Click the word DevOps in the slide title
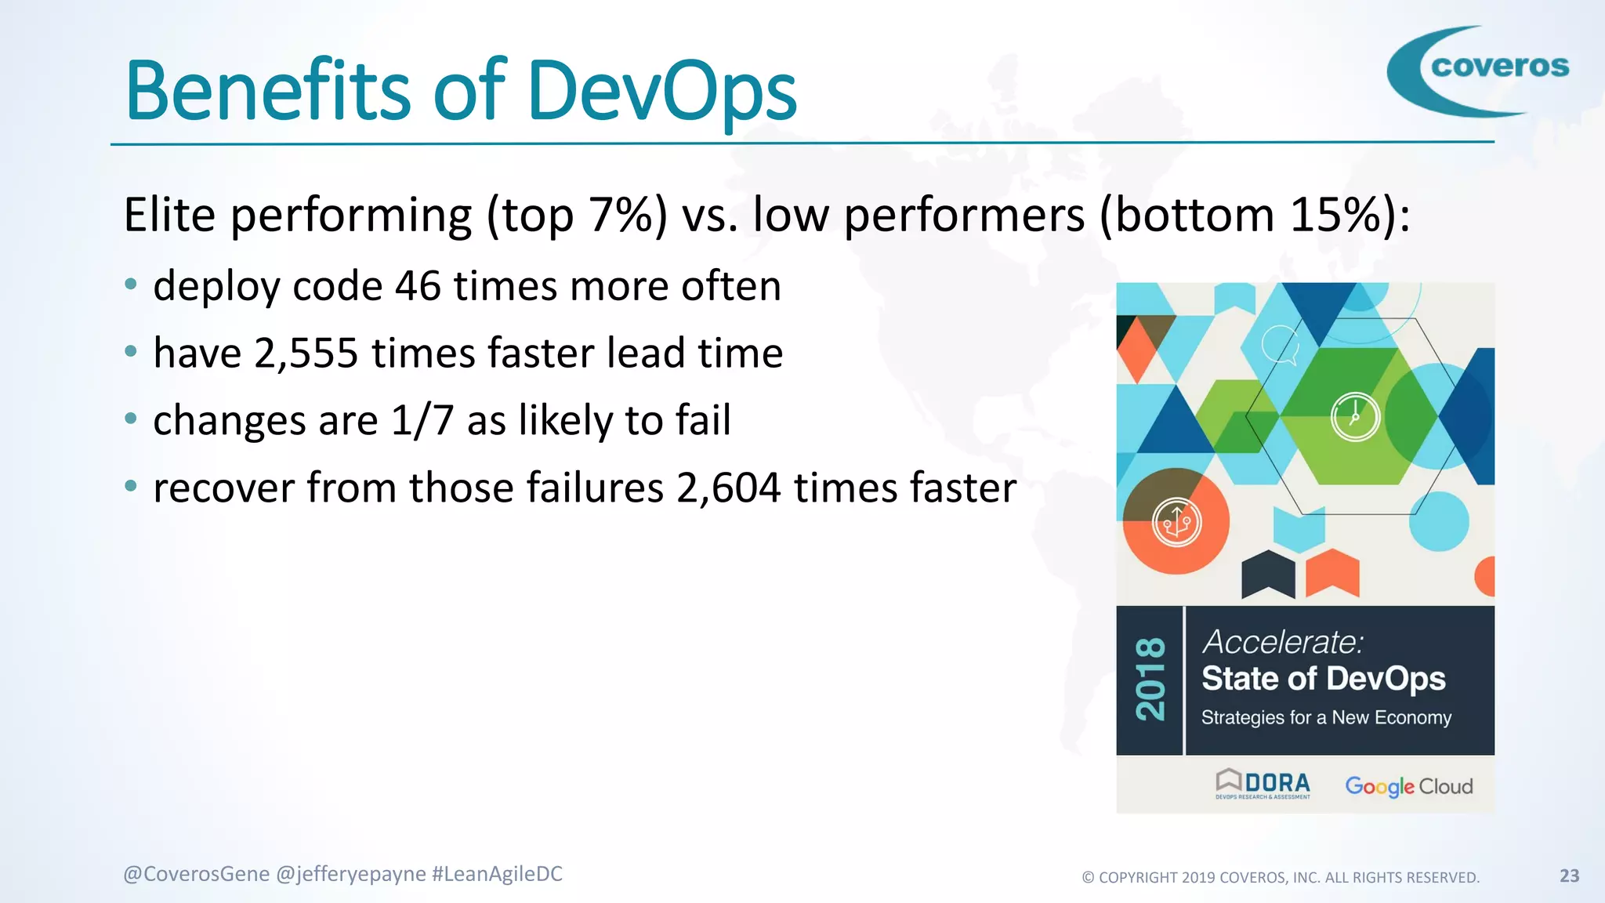(662, 92)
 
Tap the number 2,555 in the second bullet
(306, 354)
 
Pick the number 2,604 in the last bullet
(729, 488)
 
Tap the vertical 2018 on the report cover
(1150, 679)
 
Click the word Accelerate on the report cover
(1282, 642)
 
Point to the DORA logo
(1263, 784)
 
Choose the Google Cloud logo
(1408, 786)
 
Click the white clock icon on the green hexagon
(1355, 417)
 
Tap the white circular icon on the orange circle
(1176, 522)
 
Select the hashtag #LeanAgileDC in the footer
(497, 874)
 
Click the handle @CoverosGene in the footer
(197, 874)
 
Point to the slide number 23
(1569, 876)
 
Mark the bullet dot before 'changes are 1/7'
(131, 419)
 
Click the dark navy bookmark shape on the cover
(1268, 574)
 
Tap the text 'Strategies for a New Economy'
(1326, 717)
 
